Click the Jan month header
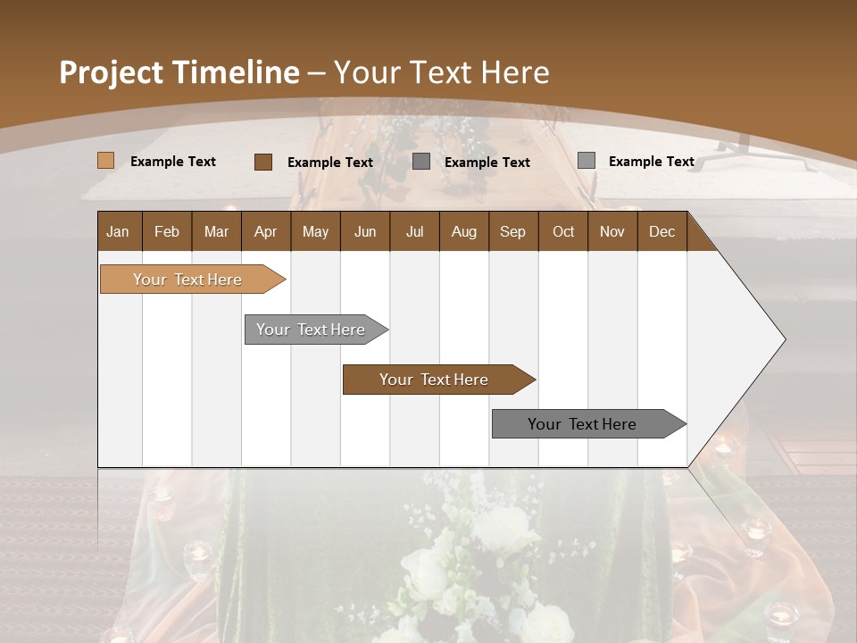pos(118,231)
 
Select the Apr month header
pos(265,231)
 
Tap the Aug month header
pos(463,231)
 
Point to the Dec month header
pos(661,231)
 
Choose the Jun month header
pos(364,231)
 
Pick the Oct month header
pos(562,231)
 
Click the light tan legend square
pos(105,161)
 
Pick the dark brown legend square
pos(262,162)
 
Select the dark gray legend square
pos(421,162)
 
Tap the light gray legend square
pos(586,161)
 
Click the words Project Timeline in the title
pos(179,72)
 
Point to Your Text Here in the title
pos(441,72)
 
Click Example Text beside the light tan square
pos(173,162)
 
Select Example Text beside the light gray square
pos(651,162)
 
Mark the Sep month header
pos(512,231)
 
